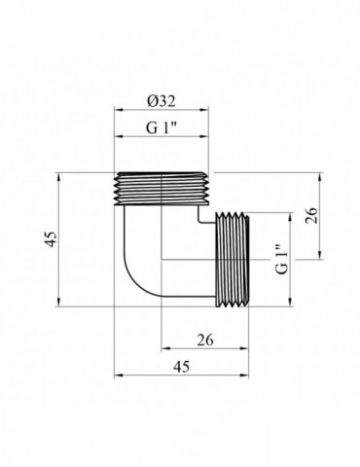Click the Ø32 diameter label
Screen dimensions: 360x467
coord(161,101)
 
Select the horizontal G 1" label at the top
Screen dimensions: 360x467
coord(161,127)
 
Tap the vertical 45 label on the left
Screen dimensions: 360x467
coord(52,239)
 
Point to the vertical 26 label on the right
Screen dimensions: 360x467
coord(311,215)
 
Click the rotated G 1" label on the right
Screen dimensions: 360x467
coord(282,259)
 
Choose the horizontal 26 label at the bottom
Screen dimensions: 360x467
coord(205,341)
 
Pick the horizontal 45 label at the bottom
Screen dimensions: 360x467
coord(181,367)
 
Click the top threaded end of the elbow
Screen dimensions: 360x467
coord(162,189)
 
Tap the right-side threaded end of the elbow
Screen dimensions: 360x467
coord(233,259)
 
